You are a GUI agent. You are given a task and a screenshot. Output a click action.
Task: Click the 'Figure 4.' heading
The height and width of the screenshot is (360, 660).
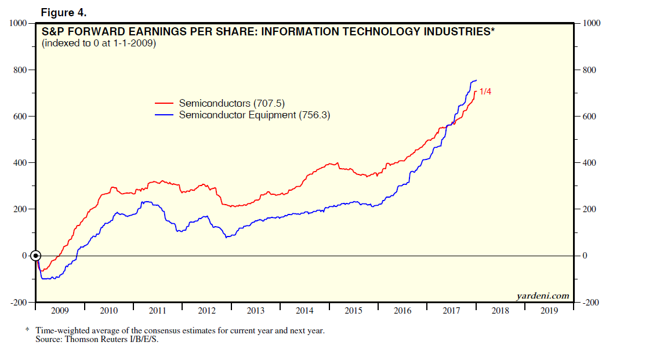tap(63, 12)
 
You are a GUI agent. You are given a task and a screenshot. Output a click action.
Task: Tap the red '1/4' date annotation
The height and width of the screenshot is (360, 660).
tap(485, 92)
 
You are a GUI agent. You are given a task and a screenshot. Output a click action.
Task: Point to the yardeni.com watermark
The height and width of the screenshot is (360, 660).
tap(543, 296)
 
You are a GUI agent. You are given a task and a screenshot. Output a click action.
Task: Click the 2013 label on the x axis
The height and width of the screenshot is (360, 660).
tap(255, 311)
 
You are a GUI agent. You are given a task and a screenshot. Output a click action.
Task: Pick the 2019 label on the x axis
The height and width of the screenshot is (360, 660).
tap(549, 311)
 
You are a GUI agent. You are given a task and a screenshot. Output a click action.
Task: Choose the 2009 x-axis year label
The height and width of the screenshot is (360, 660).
tap(60, 311)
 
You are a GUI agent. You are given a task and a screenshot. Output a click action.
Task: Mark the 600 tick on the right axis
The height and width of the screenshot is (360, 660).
tap(589, 117)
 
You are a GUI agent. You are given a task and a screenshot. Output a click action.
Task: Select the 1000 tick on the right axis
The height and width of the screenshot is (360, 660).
tap(590, 23)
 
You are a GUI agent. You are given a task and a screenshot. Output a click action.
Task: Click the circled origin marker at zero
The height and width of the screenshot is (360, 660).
tap(36, 256)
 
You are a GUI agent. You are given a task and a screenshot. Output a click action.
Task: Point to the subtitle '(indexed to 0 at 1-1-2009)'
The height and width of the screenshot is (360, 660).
tap(99, 43)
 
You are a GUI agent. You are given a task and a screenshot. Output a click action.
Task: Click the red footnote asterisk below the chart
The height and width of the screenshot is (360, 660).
tap(27, 330)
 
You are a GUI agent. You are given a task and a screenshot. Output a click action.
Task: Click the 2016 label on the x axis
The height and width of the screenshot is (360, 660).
tap(402, 311)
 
